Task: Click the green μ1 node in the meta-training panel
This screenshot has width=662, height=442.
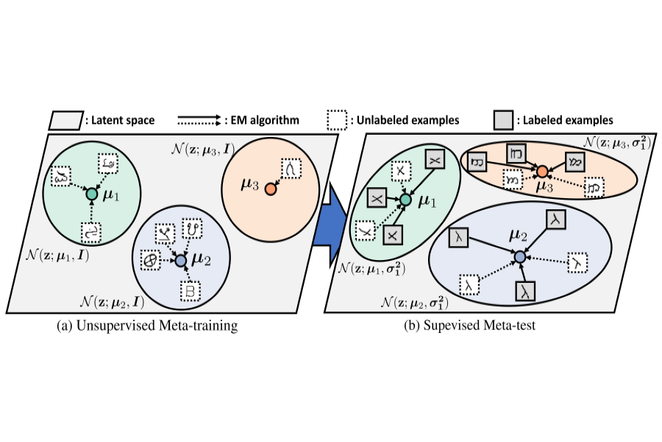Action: pos(91,194)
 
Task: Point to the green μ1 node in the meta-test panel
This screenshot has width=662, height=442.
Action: pos(405,199)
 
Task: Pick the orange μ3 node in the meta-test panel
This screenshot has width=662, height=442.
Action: pos(542,172)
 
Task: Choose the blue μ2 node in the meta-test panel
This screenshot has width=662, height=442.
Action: pos(519,256)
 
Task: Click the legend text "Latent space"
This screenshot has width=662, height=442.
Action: pos(121,120)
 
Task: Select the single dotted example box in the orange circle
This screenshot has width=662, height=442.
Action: pos(291,169)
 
